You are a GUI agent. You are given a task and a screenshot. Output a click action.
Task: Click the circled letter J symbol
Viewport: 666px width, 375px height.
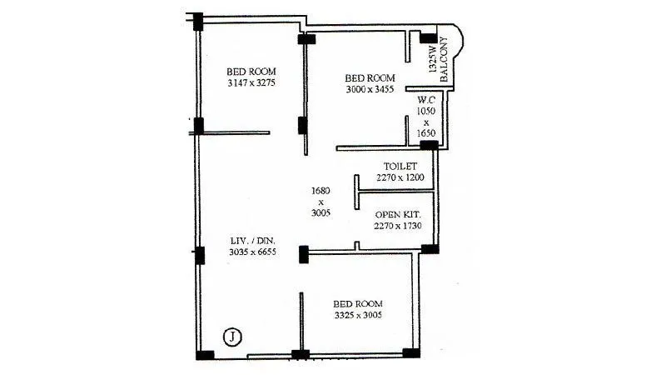click(234, 337)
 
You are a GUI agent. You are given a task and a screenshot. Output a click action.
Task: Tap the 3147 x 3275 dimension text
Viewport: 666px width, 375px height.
click(251, 83)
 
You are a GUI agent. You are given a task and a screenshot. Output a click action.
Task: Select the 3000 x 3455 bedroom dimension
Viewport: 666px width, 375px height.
click(370, 89)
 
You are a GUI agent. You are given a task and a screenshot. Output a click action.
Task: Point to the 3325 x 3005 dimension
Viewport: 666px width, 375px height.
click(358, 315)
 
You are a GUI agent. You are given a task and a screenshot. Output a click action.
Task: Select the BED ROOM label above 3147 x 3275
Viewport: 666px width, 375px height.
click(251, 72)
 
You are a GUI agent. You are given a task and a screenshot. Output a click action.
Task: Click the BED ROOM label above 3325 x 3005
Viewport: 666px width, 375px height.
click(358, 303)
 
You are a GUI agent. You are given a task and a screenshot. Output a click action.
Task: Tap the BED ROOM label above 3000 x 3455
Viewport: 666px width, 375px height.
click(370, 77)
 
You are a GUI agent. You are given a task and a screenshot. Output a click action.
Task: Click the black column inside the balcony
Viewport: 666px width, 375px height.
click(428, 38)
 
